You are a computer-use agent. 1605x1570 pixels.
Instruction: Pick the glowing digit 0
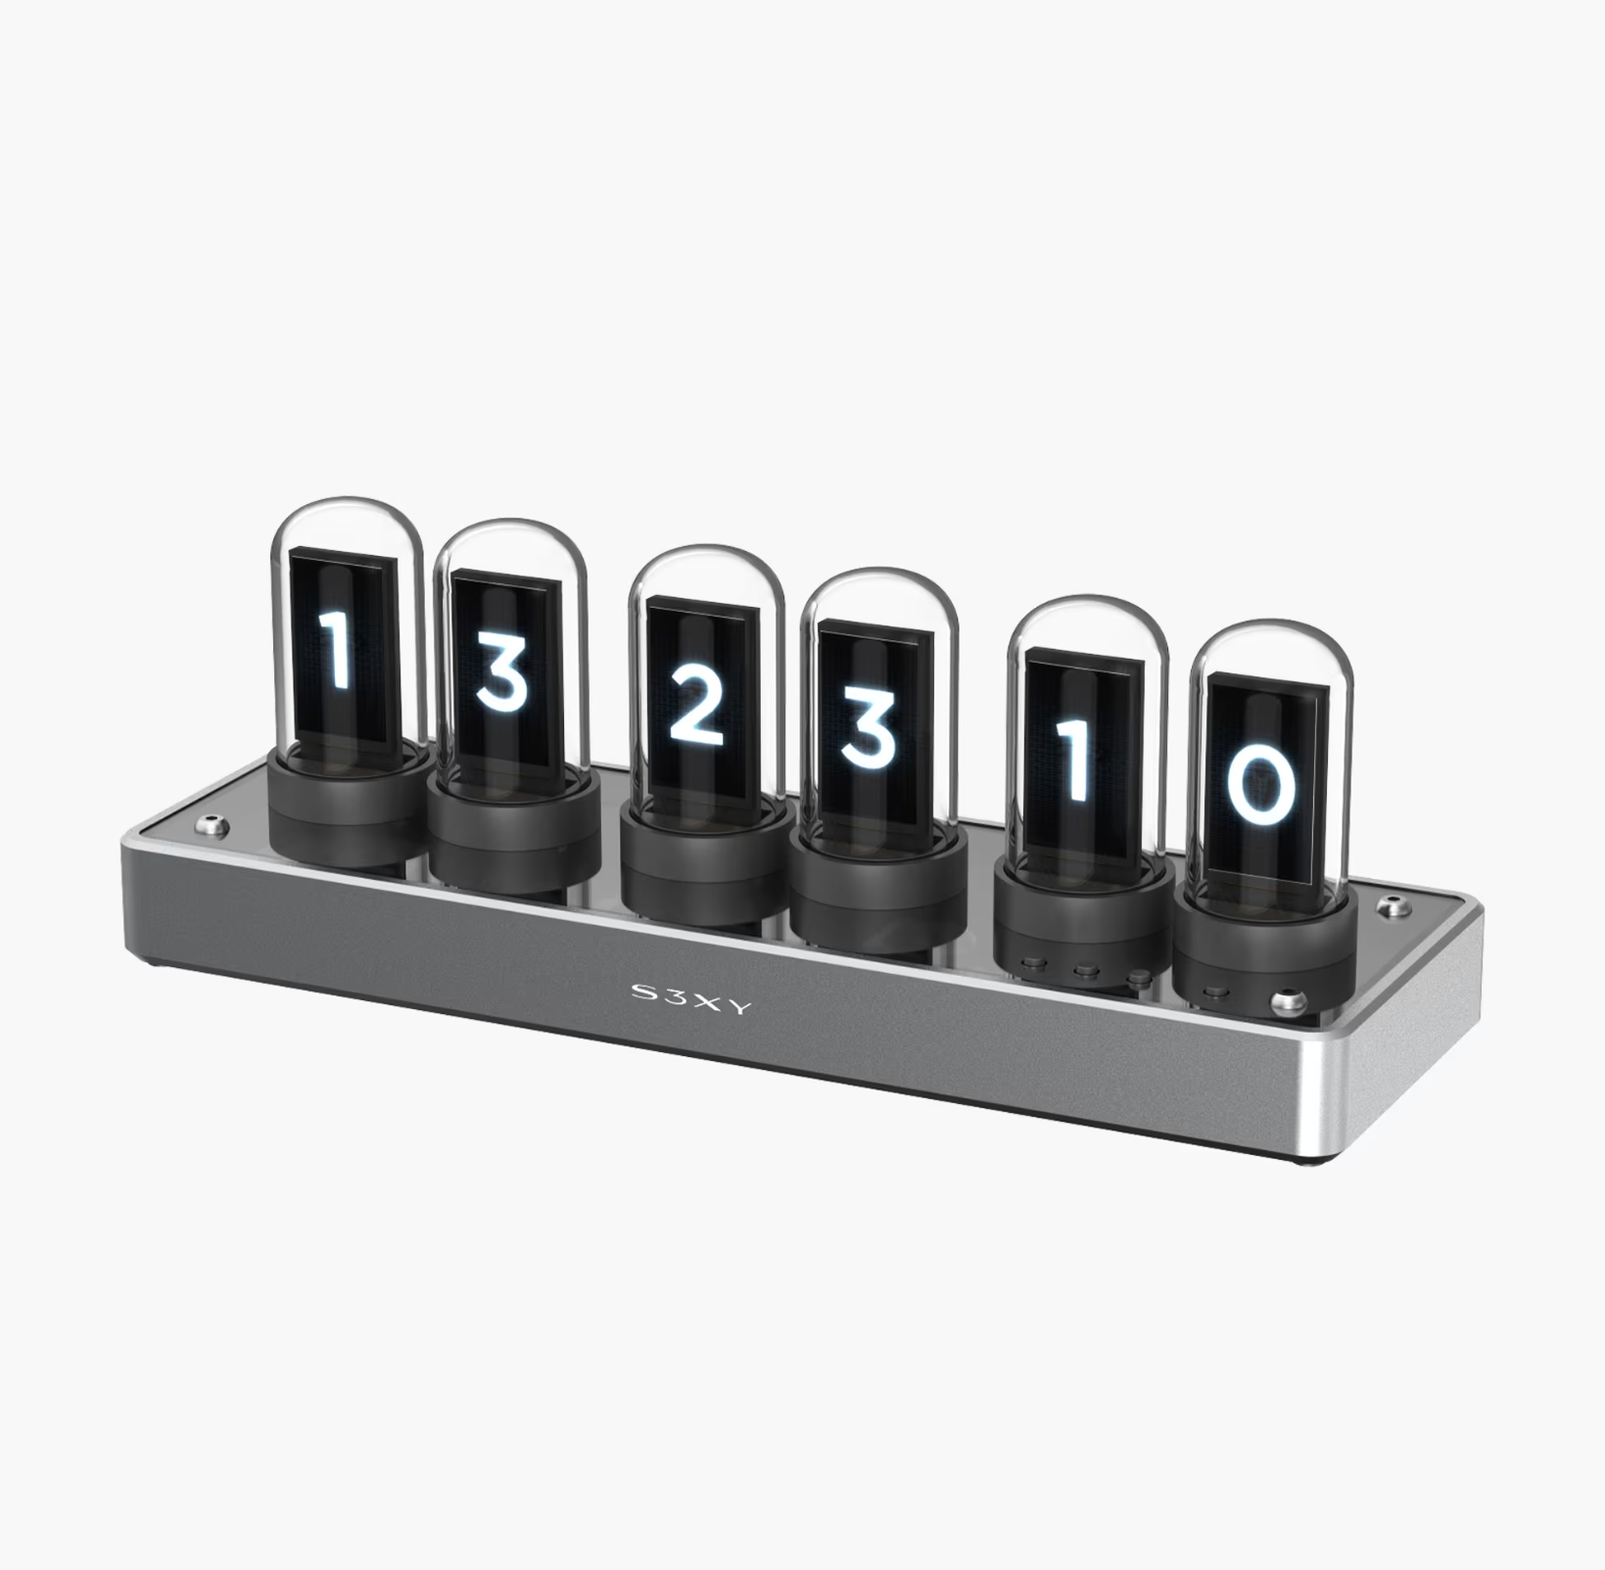click(x=1263, y=780)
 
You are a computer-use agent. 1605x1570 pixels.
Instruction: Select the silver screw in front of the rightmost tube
click(x=1287, y=1003)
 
